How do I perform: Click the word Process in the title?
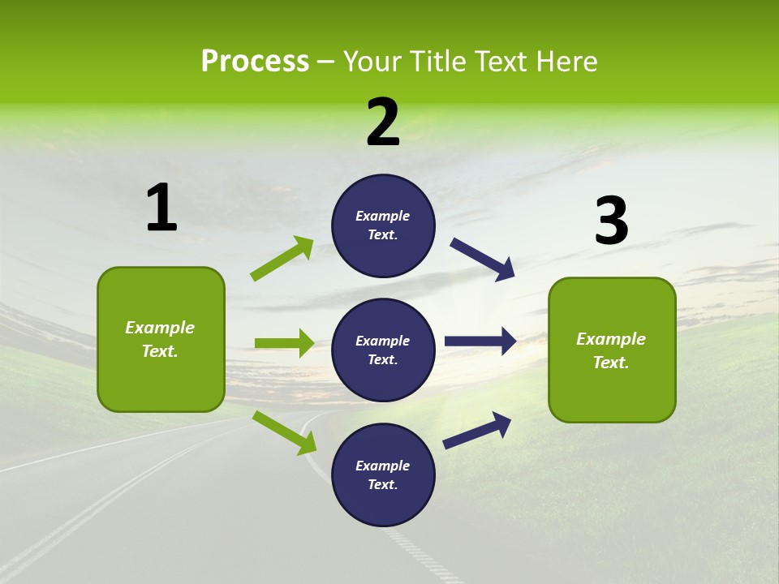pos(255,61)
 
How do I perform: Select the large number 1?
pos(161,208)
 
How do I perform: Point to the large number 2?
pos(383,122)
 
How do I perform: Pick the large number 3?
pos(612,221)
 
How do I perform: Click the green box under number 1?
pos(161,339)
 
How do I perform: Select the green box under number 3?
pos(612,350)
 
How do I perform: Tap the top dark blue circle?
pos(384,225)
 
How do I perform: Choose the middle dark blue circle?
pos(384,350)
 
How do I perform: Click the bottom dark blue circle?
pos(384,474)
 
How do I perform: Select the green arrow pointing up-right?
pos(282,259)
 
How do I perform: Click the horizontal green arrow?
pos(284,343)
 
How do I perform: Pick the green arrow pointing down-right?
pos(285,432)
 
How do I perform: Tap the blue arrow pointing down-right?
pos(483,260)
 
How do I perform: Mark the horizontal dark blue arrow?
pos(480,341)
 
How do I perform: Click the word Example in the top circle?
pos(382,216)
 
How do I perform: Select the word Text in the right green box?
pos(611,363)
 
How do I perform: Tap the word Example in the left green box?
pos(160,328)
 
